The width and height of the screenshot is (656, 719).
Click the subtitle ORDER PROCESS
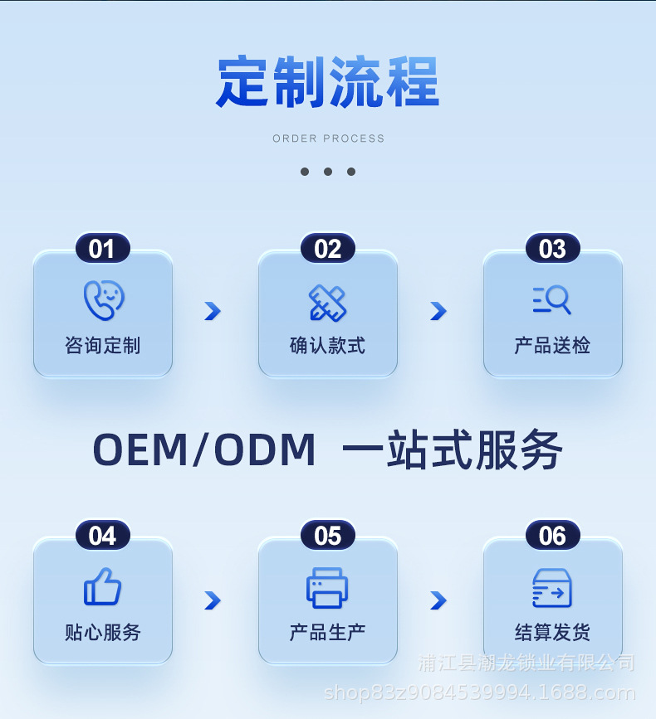click(328, 138)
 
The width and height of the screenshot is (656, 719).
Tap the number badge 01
click(102, 249)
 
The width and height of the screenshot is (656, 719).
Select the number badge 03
click(552, 249)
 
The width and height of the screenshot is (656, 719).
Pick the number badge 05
click(328, 536)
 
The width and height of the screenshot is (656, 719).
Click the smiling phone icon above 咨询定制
click(103, 300)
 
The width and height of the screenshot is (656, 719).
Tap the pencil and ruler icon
click(328, 302)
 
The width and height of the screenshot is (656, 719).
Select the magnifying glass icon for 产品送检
click(552, 299)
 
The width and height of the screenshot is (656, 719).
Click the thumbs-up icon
click(103, 587)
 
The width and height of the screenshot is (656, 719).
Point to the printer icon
click(327, 588)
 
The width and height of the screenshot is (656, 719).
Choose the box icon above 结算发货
click(552, 588)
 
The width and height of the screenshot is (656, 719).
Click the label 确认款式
click(327, 346)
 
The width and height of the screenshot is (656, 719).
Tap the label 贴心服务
click(103, 633)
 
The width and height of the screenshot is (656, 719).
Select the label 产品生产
click(327, 633)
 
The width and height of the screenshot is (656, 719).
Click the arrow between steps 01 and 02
click(213, 311)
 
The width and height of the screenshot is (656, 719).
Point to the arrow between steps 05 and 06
click(438, 600)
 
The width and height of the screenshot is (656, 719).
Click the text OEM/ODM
click(204, 450)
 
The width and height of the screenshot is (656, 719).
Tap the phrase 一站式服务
click(453, 450)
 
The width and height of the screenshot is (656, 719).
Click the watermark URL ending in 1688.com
click(479, 692)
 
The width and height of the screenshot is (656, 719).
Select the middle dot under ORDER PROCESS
click(328, 172)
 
